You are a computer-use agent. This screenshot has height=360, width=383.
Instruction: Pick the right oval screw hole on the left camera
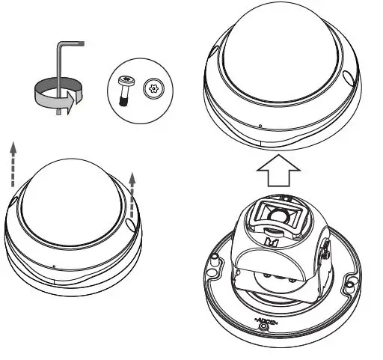point(131,224)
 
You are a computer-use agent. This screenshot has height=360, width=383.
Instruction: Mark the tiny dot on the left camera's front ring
point(54,264)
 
